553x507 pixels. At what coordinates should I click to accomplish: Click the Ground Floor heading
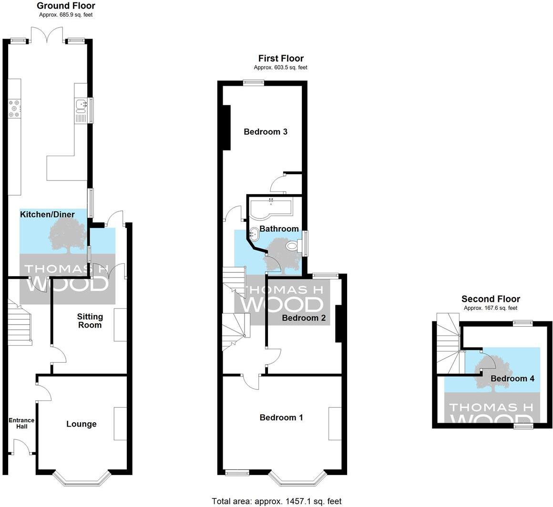tap(66, 6)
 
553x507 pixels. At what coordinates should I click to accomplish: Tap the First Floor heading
tap(281, 59)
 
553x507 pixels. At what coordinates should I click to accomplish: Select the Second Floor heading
tap(491, 299)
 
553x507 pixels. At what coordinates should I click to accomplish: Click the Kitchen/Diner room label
tap(47, 215)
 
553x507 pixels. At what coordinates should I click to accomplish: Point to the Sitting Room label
tap(90, 321)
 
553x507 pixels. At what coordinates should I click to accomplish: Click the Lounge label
tap(81, 424)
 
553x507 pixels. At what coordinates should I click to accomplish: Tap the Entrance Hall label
tap(21, 423)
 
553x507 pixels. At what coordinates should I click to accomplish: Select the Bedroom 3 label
tap(266, 132)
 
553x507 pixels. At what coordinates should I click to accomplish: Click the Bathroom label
tap(279, 229)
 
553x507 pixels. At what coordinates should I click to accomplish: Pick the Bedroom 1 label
tap(281, 418)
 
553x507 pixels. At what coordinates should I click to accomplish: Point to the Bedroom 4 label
tap(512, 378)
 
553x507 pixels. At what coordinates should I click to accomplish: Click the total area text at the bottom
tap(276, 501)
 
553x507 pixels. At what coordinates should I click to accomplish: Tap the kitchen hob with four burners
tap(14, 108)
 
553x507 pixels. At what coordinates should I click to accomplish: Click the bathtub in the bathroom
tap(271, 209)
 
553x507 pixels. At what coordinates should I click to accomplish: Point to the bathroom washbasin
tap(254, 234)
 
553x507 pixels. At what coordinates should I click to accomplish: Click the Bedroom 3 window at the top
tap(253, 82)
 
